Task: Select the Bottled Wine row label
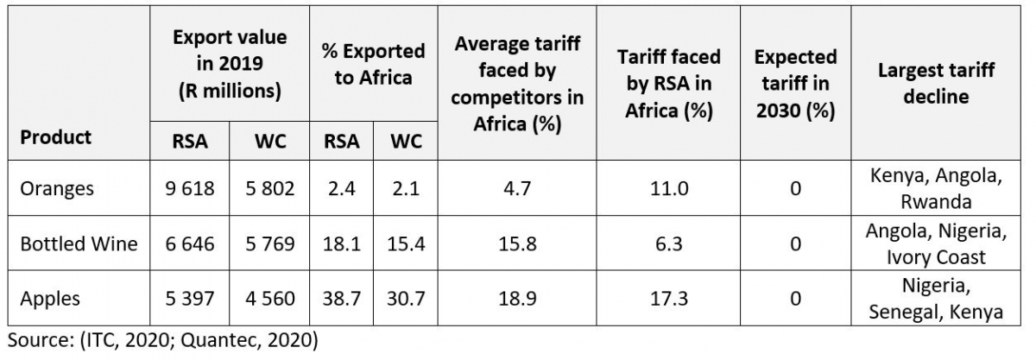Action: pyautogui.click(x=79, y=243)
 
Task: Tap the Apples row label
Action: pyautogui.click(x=50, y=299)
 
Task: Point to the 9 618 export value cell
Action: pyautogui.click(x=190, y=188)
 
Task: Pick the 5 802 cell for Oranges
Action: pyautogui.click(x=269, y=188)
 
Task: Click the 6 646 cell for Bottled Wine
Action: pyautogui.click(x=190, y=243)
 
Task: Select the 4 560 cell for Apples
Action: pyautogui.click(x=269, y=299)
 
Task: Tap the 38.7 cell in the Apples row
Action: pyautogui.click(x=342, y=299)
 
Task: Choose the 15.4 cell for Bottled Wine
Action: pyautogui.click(x=407, y=243)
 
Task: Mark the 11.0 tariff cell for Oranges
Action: pyautogui.click(x=664, y=188)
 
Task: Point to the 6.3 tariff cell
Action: pyautogui.click(x=664, y=243)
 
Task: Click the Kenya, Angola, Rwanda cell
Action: pyautogui.click(x=937, y=188)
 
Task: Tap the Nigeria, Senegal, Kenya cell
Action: pyautogui.click(x=937, y=299)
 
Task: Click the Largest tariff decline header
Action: pyautogui.click(x=937, y=83)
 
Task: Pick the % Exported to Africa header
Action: pyautogui.click(x=374, y=64)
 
